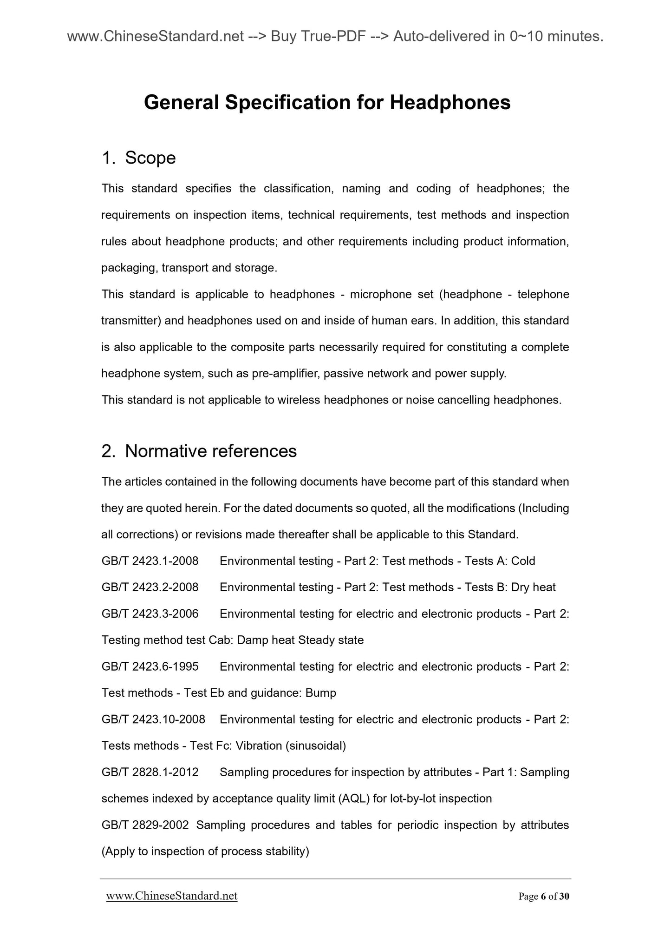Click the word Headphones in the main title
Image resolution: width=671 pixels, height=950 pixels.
[x=450, y=103]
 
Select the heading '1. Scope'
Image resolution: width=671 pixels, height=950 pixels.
[x=138, y=158]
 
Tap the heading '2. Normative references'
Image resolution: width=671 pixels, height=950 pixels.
[x=199, y=451]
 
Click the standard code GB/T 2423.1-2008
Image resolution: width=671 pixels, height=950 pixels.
[x=150, y=561]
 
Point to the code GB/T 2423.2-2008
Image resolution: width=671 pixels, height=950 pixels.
[x=150, y=587]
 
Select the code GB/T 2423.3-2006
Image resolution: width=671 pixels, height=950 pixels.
[x=150, y=614]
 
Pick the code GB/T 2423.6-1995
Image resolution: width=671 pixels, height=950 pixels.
[x=150, y=666]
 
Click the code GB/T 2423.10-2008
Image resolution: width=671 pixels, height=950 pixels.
[x=153, y=719]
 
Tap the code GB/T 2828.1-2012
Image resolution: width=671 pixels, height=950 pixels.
[x=150, y=772]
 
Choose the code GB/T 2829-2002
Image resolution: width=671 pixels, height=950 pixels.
[x=145, y=825]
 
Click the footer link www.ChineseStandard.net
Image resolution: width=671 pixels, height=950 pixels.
[x=172, y=896]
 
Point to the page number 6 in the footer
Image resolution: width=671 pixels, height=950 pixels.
[x=543, y=897]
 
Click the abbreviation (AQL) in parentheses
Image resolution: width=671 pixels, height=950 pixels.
[x=354, y=798]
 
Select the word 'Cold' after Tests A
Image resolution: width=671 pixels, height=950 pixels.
[x=523, y=561]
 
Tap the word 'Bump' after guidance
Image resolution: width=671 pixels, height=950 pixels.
[x=320, y=693]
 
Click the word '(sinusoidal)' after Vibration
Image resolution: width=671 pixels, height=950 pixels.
[x=316, y=745]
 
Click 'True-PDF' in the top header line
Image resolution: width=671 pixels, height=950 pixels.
[x=331, y=36]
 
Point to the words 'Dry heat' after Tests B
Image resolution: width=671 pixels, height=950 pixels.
[x=533, y=587]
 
